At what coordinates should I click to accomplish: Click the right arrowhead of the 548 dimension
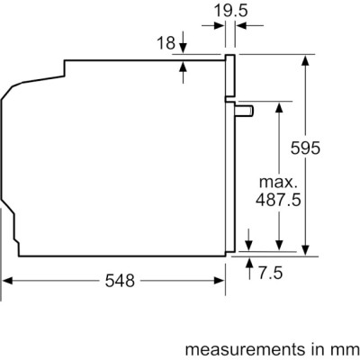[x=221, y=282]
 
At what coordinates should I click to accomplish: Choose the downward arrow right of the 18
[x=183, y=47]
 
